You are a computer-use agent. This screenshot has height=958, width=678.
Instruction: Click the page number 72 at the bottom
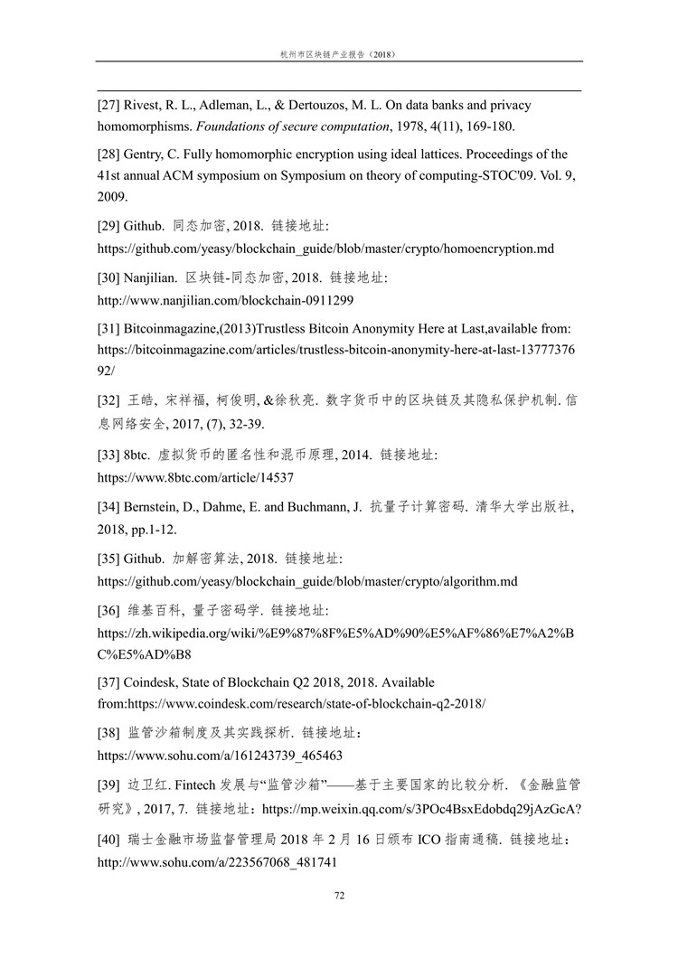(x=339, y=896)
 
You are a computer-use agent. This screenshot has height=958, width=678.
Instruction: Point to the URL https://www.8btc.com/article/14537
(x=195, y=476)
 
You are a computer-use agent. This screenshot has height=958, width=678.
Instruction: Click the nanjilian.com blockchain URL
(x=225, y=299)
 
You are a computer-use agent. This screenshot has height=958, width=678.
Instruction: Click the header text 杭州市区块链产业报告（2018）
(x=339, y=54)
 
